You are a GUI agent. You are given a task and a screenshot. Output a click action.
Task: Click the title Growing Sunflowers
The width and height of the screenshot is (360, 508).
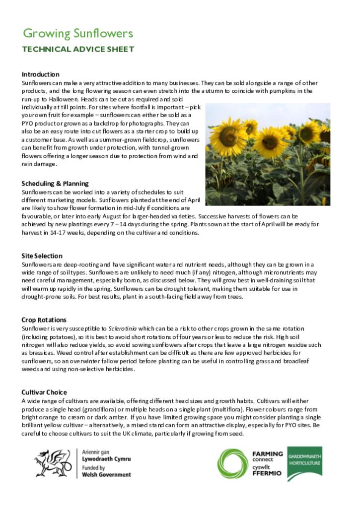78,34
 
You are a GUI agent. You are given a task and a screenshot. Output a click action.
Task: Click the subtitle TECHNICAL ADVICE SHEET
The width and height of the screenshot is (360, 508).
78,49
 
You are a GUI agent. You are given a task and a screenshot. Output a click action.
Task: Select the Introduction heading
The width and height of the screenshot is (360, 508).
40,74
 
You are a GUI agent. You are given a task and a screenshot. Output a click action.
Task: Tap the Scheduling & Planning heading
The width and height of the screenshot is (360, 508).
55,184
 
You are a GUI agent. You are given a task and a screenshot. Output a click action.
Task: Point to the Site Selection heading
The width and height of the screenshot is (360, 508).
42,256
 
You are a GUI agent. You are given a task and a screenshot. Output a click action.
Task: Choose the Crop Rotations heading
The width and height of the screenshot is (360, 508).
44,320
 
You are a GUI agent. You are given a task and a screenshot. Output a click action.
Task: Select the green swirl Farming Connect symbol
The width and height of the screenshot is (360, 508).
235,463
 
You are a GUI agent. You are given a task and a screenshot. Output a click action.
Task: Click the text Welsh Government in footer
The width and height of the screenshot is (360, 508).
106,474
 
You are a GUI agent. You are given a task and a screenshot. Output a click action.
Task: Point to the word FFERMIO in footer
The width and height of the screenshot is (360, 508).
267,473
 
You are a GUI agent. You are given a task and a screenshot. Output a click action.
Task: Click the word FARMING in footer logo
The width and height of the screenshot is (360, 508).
267,453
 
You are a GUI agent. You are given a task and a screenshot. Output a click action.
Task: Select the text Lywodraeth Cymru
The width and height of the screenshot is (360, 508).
106,459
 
